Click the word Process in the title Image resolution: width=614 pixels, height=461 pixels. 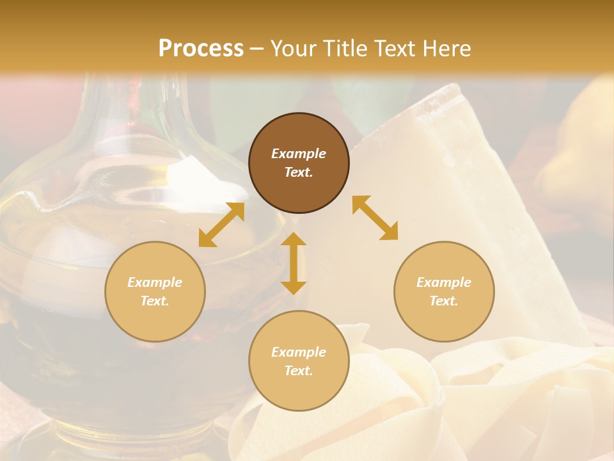(201, 48)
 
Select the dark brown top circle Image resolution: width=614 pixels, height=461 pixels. (299, 163)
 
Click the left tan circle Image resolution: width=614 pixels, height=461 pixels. (155, 291)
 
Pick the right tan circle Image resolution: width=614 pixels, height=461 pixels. (444, 291)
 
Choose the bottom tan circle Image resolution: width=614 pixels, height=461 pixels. (299, 361)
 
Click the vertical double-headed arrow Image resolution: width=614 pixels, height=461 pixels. (294, 263)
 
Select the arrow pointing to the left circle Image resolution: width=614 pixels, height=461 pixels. (221, 225)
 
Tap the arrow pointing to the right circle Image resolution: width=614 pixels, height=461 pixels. (375, 218)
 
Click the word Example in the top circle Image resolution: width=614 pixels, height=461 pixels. (299, 154)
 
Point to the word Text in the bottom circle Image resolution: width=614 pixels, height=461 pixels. (299, 371)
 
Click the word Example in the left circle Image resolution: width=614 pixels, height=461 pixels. (155, 282)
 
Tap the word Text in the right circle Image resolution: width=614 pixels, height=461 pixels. (444, 301)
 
